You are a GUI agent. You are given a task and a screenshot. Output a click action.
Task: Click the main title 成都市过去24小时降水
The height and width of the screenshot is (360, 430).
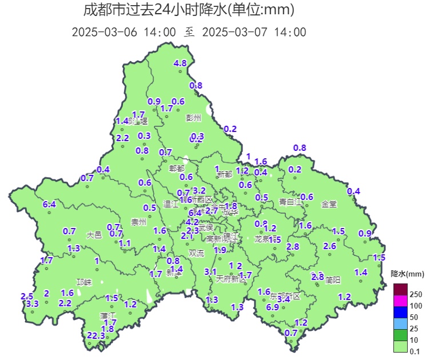189,10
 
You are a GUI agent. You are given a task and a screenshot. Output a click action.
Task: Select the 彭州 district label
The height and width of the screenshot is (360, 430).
194,118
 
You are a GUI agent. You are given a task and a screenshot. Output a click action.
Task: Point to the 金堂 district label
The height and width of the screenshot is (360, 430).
329,203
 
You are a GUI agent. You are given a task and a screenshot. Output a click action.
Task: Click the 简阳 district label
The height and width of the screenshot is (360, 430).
333,280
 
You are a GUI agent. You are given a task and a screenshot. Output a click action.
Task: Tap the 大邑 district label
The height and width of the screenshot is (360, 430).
94,235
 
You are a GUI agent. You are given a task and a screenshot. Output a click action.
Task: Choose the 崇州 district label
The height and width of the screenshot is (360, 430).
138,222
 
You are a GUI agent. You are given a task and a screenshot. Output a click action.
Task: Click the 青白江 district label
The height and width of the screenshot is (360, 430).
290,202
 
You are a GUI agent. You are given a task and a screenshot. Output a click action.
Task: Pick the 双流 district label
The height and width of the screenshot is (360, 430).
196,253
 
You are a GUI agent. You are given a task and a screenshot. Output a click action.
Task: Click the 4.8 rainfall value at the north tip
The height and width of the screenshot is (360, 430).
180,63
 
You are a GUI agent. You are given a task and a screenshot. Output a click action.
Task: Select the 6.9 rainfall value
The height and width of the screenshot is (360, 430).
272,307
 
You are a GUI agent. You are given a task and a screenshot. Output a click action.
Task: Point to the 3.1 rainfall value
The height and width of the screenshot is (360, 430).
210,272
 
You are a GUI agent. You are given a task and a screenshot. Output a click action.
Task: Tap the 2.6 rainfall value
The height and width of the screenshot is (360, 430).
329,246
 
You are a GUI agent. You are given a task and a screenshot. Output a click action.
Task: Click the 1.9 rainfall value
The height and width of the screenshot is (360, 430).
220,250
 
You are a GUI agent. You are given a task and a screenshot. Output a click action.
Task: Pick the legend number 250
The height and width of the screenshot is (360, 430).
416,294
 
